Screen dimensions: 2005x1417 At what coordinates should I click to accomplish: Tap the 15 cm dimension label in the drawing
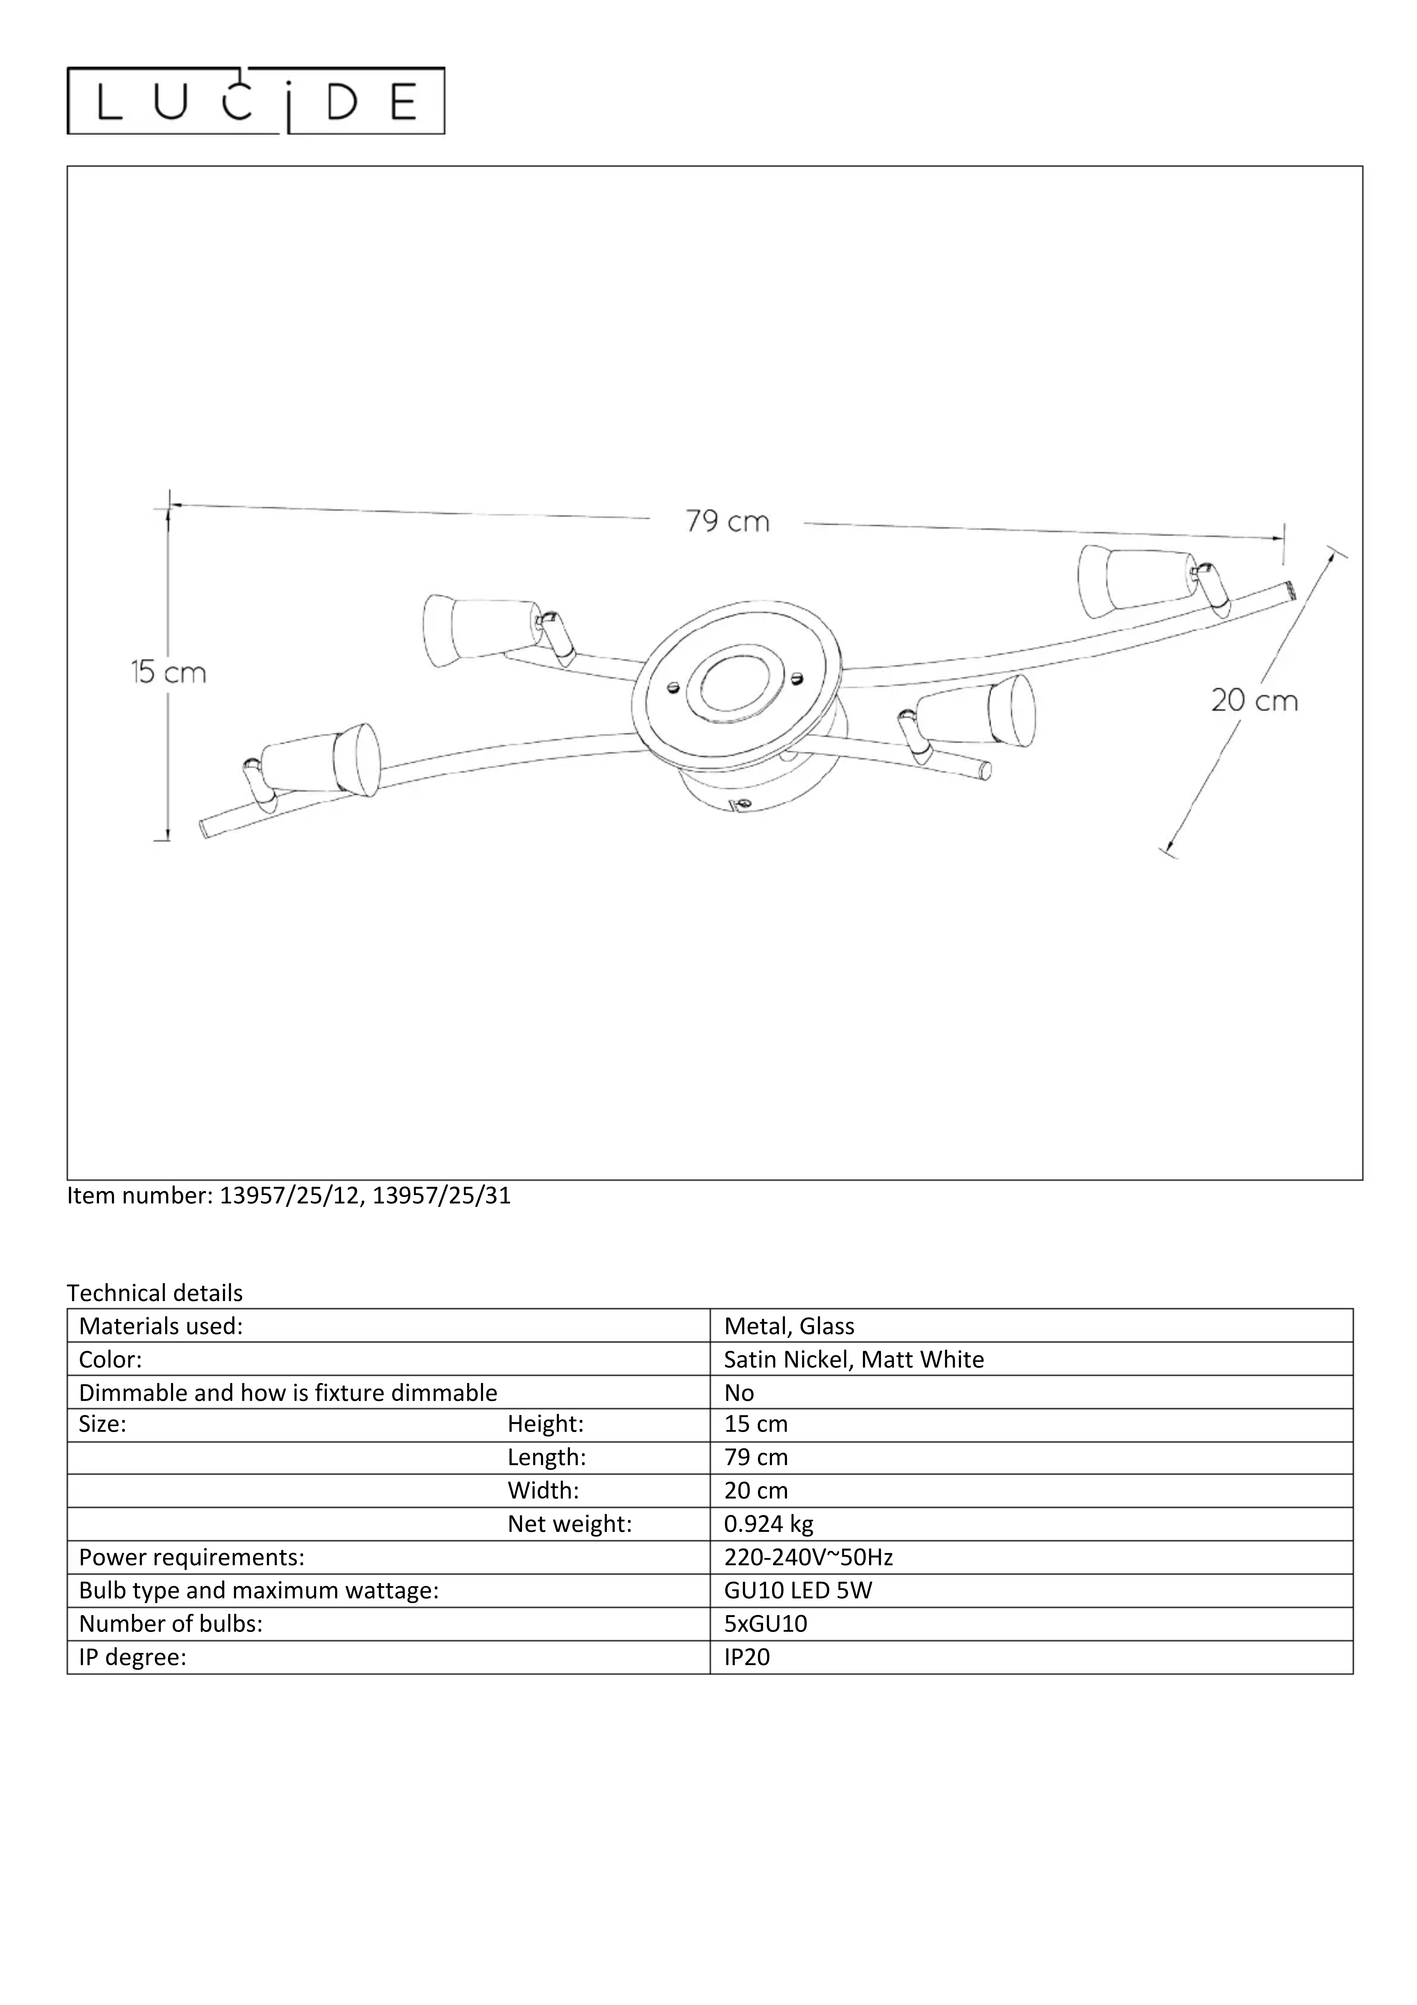pyautogui.click(x=169, y=672)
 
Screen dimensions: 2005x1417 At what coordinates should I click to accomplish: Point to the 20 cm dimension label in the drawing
pyautogui.click(x=1254, y=700)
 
